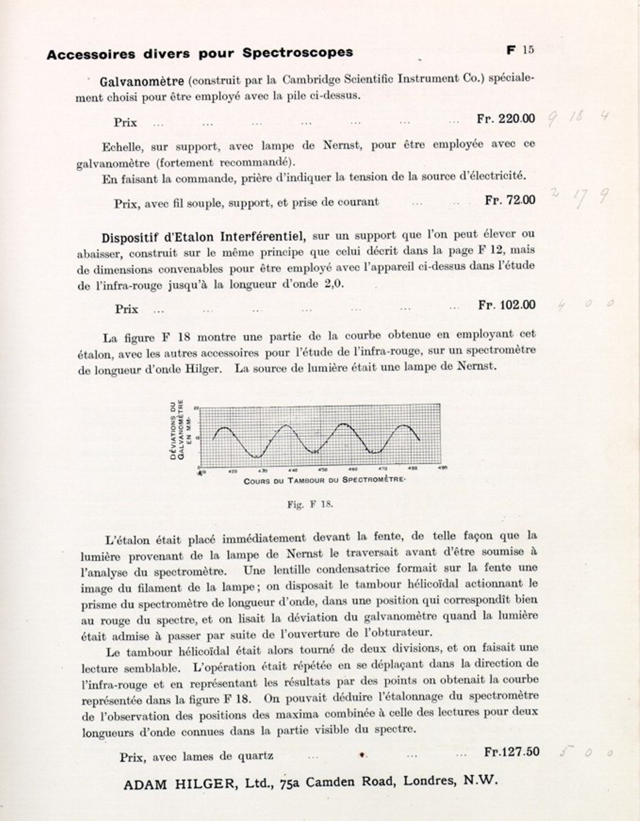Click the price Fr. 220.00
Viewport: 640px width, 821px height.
pos(506,118)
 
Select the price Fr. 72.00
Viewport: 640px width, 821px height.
pos(510,200)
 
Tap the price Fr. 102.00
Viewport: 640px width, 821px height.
pos(507,305)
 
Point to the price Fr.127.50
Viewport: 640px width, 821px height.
pos(511,752)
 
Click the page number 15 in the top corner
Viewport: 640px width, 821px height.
pos(528,50)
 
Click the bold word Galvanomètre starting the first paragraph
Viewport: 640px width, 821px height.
pos(141,82)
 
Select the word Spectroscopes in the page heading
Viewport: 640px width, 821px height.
pos(297,52)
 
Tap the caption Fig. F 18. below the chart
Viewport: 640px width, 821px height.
pos(310,504)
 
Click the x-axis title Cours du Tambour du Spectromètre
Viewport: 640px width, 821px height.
pos(324,480)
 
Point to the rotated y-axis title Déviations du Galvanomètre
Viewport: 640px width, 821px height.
pos(177,430)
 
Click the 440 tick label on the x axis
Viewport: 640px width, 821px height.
pos(293,470)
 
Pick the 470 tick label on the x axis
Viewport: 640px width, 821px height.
pos(383,469)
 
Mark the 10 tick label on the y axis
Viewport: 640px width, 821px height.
pos(197,438)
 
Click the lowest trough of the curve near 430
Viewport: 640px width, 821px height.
pos(256,457)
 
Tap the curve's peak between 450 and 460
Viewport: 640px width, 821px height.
pos(345,424)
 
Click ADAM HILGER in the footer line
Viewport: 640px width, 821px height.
pos(179,784)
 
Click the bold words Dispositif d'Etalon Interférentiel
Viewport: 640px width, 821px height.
pos(204,237)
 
